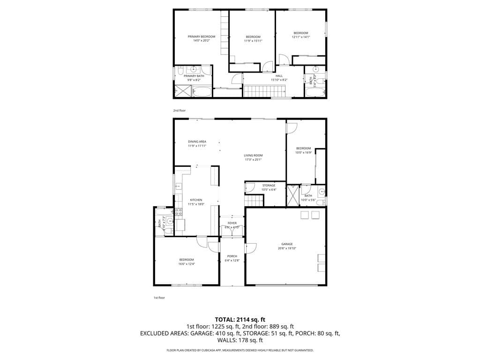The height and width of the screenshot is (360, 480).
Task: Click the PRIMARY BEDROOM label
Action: [201, 37]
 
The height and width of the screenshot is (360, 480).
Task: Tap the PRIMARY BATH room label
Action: [194, 76]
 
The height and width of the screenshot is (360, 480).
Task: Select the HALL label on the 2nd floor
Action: [279, 76]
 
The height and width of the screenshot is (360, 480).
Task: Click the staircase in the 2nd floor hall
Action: [258, 91]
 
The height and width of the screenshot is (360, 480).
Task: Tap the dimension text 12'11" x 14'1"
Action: [300, 37]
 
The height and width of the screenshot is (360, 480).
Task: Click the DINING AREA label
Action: [197, 142]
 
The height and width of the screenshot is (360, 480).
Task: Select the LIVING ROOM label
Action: [253, 156]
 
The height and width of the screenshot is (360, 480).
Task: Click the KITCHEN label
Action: [195, 200]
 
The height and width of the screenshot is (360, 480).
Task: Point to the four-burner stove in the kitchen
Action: [179, 211]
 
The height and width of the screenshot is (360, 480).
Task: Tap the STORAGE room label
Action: [269, 186]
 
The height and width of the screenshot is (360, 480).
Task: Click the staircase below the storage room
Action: [254, 201]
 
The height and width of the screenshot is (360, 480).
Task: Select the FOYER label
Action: [232, 223]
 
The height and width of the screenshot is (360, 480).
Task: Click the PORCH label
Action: [232, 256]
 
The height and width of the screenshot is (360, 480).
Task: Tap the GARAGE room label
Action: [287, 244]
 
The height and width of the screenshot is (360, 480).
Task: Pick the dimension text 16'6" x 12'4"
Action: [186, 264]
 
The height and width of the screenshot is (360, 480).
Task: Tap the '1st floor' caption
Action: [159, 298]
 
